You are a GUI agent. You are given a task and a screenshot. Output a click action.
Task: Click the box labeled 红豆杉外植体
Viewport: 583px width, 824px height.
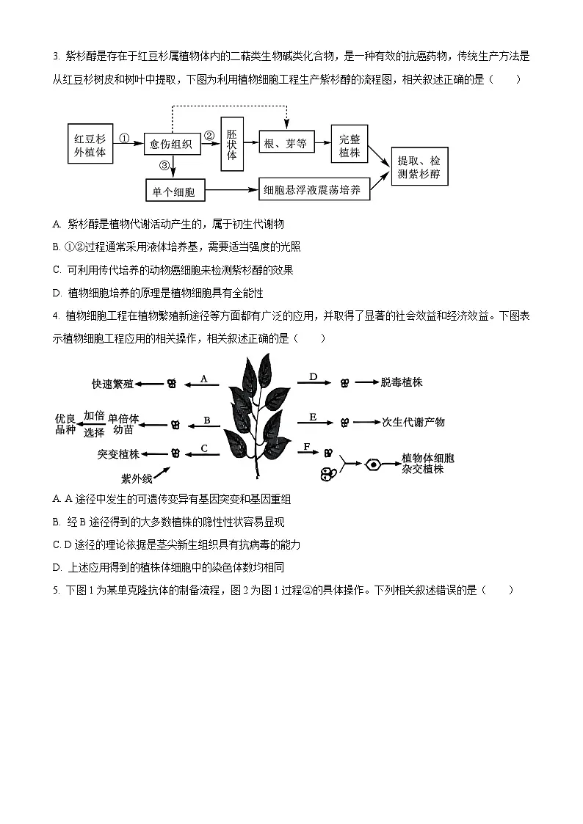click(90, 145)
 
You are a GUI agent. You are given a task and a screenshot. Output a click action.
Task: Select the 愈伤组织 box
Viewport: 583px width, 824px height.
click(171, 145)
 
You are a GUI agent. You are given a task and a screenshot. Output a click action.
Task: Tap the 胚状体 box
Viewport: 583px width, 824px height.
click(231, 145)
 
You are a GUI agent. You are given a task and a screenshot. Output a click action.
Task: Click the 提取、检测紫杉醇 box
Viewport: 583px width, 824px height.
click(419, 168)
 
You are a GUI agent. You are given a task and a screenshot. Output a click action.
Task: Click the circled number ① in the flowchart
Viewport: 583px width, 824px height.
click(124, 137)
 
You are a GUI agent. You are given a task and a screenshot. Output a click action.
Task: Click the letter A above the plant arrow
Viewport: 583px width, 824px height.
click(204, 379)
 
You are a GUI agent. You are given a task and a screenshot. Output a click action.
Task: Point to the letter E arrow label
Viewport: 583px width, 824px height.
click(313, 417)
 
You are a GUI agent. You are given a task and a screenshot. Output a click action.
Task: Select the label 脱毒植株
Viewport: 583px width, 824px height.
click(402, 382)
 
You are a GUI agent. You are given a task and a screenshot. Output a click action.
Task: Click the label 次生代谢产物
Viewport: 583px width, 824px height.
click(413, 422)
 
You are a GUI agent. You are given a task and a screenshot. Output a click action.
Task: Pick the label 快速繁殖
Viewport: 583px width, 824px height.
click(112, 383)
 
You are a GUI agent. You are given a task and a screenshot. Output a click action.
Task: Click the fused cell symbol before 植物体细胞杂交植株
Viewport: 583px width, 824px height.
click(374, 464)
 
